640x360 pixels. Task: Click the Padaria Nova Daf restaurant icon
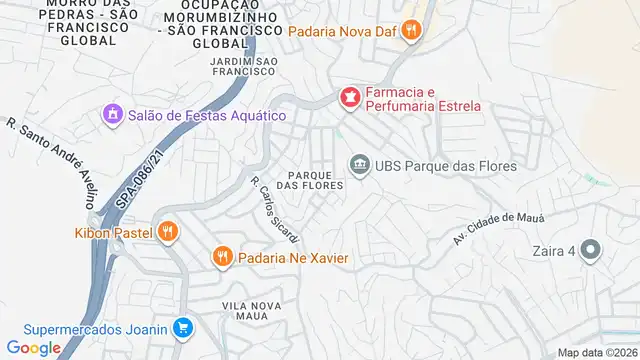click(410, 31)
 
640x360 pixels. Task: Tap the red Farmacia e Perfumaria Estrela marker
click(349, 97)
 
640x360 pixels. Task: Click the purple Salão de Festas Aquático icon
click(111, 115)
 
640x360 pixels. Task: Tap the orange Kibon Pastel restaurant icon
click(168, 233)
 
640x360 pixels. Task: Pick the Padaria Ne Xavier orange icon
click(222, 258)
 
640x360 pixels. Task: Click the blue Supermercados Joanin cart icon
click(182, 327)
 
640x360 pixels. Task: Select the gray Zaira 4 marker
click(591, 251)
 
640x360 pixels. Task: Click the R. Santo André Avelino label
click(51, 166)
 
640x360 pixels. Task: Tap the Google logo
click(34, 347)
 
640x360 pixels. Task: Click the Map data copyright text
click(597, 352)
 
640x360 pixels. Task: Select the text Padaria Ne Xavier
click(293, 258)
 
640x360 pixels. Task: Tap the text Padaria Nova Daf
click(342, 31)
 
